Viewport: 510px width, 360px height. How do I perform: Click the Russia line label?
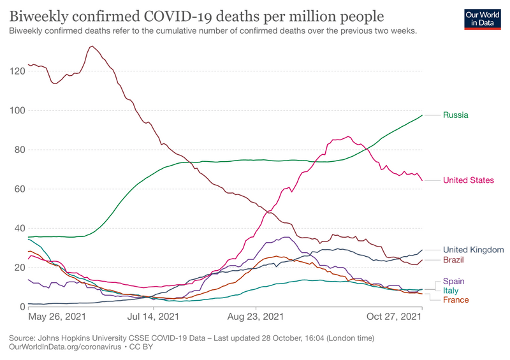point(456,115)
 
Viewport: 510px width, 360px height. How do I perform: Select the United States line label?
point(469,180)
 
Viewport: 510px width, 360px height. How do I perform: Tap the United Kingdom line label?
point(474,250)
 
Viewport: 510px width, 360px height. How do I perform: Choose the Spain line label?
point(455,281)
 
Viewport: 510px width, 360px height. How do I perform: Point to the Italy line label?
point(451,291)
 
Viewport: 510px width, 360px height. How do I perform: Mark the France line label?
point(456,300)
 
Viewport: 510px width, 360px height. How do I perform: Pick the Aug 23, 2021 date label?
point(256,316)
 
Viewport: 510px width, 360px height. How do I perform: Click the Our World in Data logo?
point(481,19)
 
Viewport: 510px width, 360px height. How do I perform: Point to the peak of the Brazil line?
point(92,46)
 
